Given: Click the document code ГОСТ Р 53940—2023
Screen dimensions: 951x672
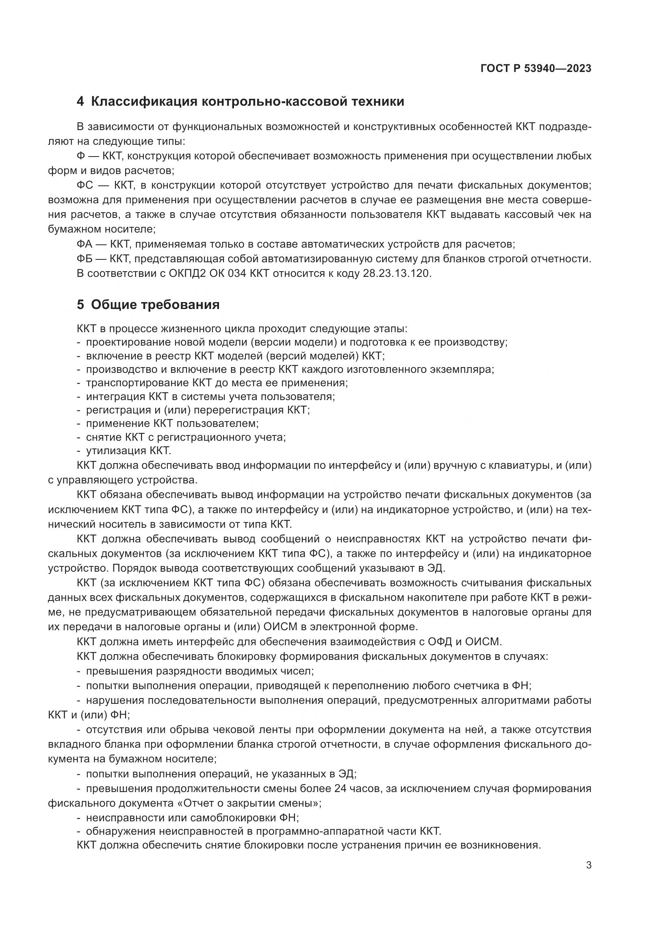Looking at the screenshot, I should click(x=536, y=69).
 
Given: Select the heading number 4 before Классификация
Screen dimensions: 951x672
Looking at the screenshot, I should click(x=80, y=102).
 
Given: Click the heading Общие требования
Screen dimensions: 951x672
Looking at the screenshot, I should click(x=155, y=305).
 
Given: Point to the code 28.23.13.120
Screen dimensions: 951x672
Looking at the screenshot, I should click(x=397, y=274).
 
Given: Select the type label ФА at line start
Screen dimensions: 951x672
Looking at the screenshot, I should click(x=85, y=244).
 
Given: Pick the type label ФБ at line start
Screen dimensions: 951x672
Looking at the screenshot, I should click(x=85, y=259).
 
